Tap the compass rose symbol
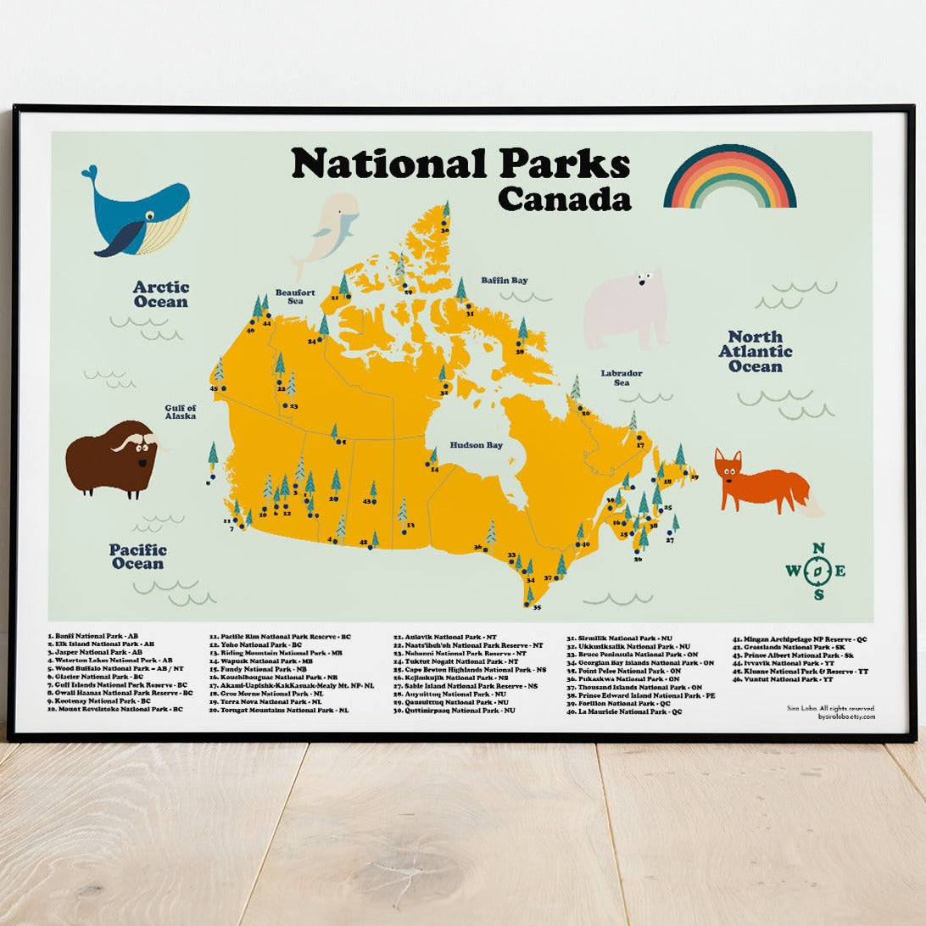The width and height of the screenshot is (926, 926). coord(816,571)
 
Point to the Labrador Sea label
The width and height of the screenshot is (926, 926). coord(621,377)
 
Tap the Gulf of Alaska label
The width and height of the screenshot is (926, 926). coord(181,412)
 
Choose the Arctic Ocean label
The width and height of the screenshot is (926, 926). coord(159,294)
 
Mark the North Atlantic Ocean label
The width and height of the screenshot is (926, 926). coord(756,351)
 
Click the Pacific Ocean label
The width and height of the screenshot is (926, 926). coord(137,556)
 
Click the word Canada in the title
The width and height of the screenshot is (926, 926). coord(564,198)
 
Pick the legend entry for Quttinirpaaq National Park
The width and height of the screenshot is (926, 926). coord(454,710)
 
